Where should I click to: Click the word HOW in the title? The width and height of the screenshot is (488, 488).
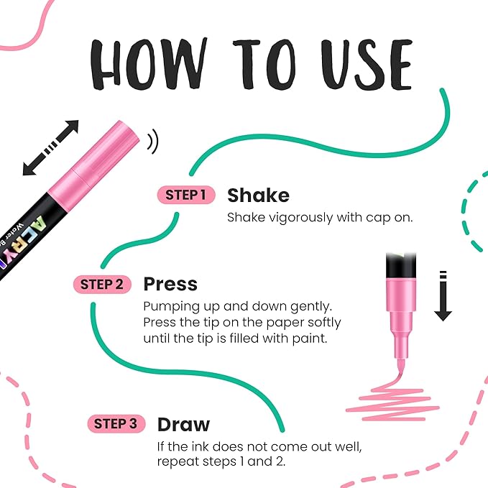149,64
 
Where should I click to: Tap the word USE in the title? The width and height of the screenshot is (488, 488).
367,65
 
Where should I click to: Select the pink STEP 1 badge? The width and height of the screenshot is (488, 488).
186,195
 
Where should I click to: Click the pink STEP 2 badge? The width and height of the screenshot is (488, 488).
102,285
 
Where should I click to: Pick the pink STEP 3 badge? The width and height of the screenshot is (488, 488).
116,424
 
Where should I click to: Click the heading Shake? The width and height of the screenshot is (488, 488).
258,195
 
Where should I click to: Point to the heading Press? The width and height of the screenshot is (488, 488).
170,285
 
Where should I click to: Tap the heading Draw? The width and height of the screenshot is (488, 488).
183,425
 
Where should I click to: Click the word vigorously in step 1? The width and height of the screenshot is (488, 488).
300,218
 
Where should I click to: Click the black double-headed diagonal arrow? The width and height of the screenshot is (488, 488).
51,148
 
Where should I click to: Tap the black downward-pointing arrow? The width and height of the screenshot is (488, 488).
443,296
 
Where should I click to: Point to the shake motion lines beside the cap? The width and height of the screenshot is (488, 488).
153,142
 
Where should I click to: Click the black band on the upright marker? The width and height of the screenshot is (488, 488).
401,265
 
